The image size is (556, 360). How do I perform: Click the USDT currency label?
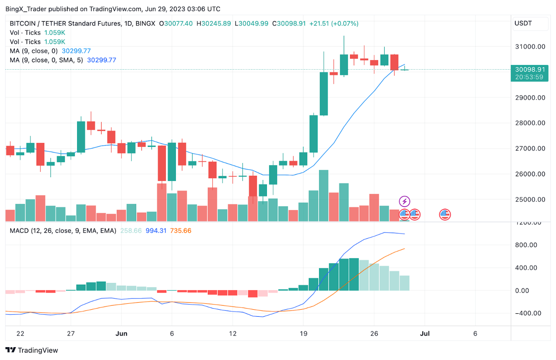pos(523,24)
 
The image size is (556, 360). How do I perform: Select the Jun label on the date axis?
pos(121,333)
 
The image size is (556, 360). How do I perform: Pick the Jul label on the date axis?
pos(425,333)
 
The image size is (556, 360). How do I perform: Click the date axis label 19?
pos(303,333)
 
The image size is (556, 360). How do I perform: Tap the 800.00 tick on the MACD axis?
pos(527,245)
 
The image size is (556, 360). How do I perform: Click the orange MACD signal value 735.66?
pos(181,231)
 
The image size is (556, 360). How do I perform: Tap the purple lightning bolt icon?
pos(405,201)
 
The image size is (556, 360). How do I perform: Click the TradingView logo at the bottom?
pos(32,350)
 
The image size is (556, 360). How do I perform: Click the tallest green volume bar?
pos(324,195)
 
